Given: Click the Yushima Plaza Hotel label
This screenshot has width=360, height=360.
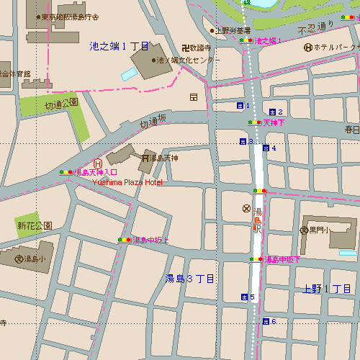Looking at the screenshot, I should (x=127, y=182).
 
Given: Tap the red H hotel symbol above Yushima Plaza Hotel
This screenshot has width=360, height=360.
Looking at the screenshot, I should (x=98, y=163).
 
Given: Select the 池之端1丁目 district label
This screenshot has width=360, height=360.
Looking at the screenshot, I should (x=119, y=46).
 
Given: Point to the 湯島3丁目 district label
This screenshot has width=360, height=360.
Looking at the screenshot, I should (x=189, y=279).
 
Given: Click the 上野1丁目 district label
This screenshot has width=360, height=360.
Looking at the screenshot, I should (x=326, y=289).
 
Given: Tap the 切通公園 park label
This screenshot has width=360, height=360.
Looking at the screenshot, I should (x=60, y=104).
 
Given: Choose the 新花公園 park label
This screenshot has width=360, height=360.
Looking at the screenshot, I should (x=35, y=225).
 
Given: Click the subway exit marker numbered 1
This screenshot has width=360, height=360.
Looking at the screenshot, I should (x=240, y=106).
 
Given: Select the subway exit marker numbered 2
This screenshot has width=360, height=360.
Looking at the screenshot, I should (x=272, y=112).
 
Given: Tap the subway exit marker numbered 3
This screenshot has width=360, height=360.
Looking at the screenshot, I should (x=243, y=141).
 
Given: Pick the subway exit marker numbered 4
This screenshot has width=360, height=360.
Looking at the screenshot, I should (x=266, y=148).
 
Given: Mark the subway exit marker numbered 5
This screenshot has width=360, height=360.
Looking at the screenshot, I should (x=244, y=297).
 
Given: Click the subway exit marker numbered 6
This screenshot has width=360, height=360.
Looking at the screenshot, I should (x=266, y=321).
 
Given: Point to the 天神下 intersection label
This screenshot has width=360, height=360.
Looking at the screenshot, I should (x=274, y=123).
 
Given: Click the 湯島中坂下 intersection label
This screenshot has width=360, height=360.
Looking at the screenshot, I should (x=282, y=259).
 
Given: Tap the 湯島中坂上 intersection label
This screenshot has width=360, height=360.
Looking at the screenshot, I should (x=151, y=240).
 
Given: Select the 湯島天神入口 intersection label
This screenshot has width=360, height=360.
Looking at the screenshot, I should (x=95, y=173).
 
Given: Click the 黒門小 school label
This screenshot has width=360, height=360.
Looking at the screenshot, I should (x=319, y=230).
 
